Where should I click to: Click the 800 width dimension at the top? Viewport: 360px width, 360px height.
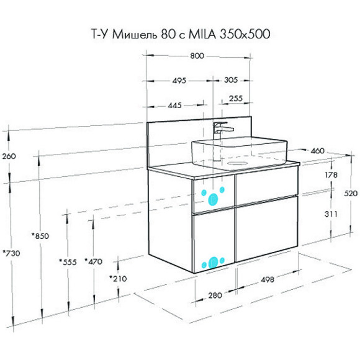pyautogui.click(x=197, y=56)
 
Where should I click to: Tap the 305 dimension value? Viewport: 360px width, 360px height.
pyautogui.click(x=231, y=79)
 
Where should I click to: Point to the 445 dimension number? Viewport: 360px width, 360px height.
pyautogui.click(x=174, y=106)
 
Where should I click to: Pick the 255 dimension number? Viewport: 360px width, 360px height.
pyautogui.click(x=236, y=98)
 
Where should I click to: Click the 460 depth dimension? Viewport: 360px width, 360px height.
pyautogui.click(x=318, y=150)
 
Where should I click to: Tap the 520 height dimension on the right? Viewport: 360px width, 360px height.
pyautogui.click(x=351, y=194)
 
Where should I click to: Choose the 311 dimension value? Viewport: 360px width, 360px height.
pyautogui.click(x=332, y=214)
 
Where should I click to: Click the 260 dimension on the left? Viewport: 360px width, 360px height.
pyautogui.click(x=9, y=156)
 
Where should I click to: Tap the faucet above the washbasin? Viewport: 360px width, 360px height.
pyautogui.click(x=221, y=130)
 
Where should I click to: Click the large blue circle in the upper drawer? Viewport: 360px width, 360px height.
pyautogui.click(x=214, y=199)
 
